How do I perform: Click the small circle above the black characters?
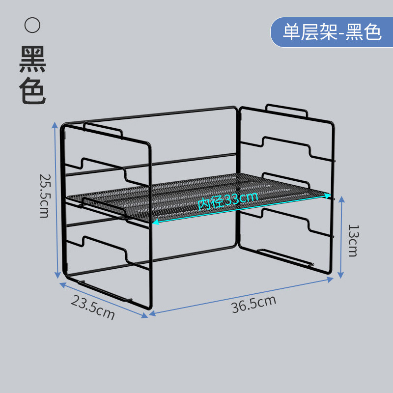[x=32, y=25]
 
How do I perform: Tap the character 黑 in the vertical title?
[x=32, y=59]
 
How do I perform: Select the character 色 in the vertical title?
[x=32, y=90]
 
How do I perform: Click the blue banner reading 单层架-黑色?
[x=332, y=32]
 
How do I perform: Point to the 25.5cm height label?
[x=45, y=196]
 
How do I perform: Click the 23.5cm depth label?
[x=93, y=308]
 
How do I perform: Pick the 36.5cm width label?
[x=253, y=304]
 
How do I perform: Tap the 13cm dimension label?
[x=354, y=241]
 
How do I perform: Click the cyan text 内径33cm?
[x=227, y=201]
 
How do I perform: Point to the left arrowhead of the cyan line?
[x=155, y=222]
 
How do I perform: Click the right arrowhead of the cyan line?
[x=328, y=196]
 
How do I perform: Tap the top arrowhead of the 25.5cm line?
[x=55, y=125]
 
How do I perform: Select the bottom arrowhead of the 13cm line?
[x=340, y=275]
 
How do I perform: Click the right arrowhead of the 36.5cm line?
[x=330, y=280]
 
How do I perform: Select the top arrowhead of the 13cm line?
[x=341, y=199]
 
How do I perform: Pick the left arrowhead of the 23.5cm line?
[x=63, y=285]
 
